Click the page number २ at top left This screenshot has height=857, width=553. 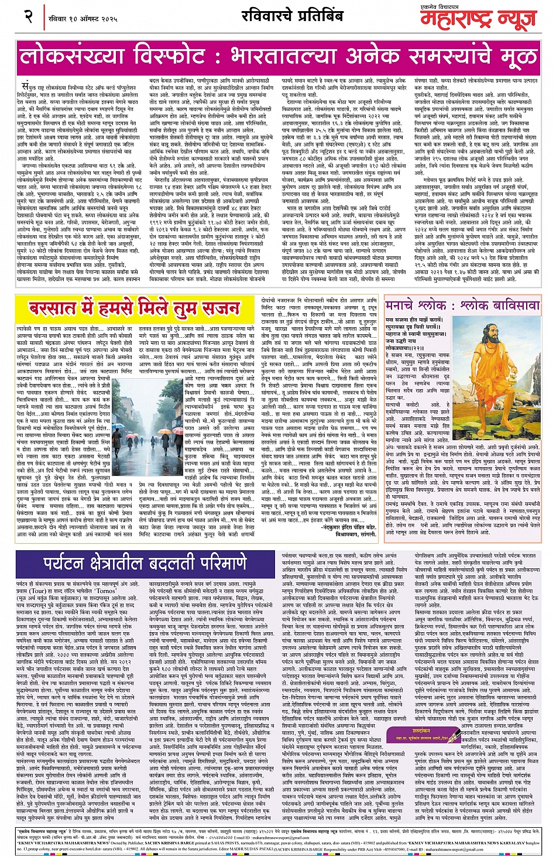[x=29, y=16]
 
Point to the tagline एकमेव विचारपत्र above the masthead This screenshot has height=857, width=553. [x=503, y=5]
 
